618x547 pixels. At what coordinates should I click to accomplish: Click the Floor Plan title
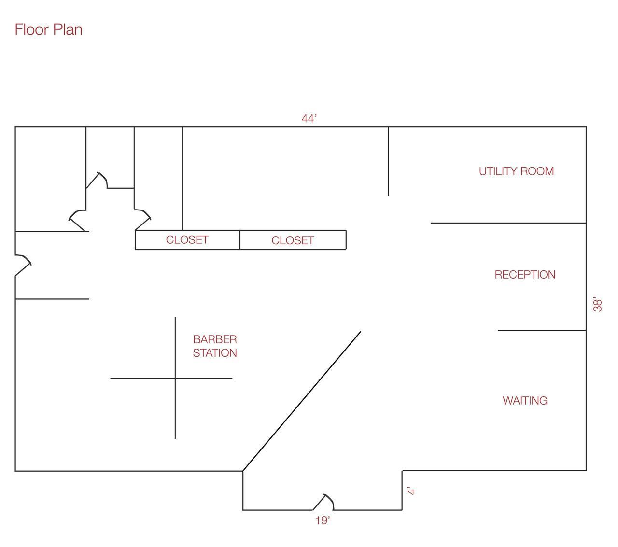48,29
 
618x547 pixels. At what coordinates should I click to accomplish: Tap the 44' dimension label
309,118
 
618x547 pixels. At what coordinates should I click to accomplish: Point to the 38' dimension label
597,304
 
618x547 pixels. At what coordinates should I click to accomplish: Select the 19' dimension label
323,520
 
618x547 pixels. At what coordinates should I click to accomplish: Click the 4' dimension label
411,491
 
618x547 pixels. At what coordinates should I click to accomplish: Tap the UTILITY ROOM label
516,171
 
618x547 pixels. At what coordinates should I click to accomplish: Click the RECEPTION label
525,275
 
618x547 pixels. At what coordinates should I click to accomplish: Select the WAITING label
525,401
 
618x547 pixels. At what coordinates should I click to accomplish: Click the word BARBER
215,339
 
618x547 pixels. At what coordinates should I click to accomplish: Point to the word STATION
215,353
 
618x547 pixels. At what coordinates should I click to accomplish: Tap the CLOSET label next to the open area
293,240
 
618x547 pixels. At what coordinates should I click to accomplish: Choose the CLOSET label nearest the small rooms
187,240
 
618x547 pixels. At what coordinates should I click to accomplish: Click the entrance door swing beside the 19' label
323,503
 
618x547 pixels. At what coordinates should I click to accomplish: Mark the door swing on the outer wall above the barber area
23,265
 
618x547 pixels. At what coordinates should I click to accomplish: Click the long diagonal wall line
302,401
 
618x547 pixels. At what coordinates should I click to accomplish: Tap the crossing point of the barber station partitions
175,379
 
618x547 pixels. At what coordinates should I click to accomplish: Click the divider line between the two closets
240,240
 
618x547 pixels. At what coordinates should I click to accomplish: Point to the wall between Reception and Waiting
542,330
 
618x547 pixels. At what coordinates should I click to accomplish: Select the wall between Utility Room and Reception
508,223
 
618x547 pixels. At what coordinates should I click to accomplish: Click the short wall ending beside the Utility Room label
388,161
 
